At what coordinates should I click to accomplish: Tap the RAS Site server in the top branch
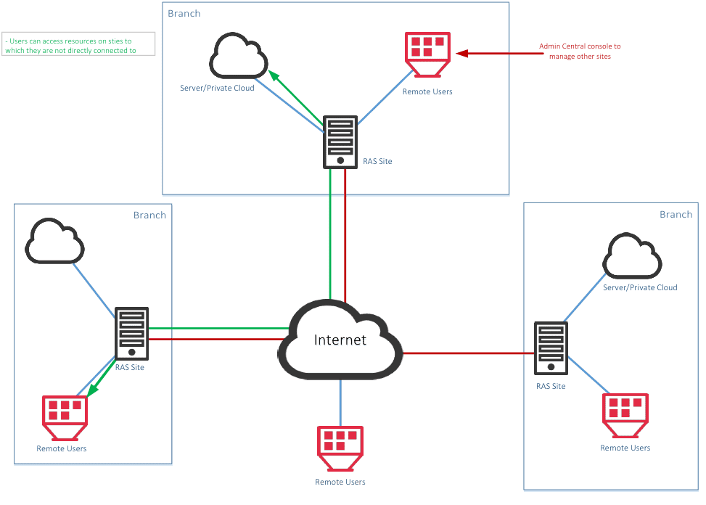(340, 142)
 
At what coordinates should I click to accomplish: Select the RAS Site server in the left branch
(131, 334)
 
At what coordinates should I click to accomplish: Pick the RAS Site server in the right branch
(551, 348)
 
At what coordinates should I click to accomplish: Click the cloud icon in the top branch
(239, 55)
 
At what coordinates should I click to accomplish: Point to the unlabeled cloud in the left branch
(54, 241)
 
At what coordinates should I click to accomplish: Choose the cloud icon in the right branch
(632, 255)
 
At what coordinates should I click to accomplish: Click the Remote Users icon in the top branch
(428, 54)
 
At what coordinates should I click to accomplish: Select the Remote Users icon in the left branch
(65, 418)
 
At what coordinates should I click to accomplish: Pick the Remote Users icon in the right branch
(625, 416)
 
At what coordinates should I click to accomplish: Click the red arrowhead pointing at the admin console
(462, 54)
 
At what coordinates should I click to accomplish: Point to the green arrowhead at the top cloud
(274, 75)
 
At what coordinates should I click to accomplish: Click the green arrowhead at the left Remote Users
(93, 390)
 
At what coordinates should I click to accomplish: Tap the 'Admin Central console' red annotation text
(580, 52)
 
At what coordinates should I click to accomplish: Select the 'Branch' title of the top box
(184, 14)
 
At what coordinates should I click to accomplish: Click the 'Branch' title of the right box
(676, 215)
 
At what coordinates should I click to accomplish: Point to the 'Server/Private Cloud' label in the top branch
(217, 89)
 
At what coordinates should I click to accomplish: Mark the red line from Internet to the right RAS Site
(469, 353)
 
